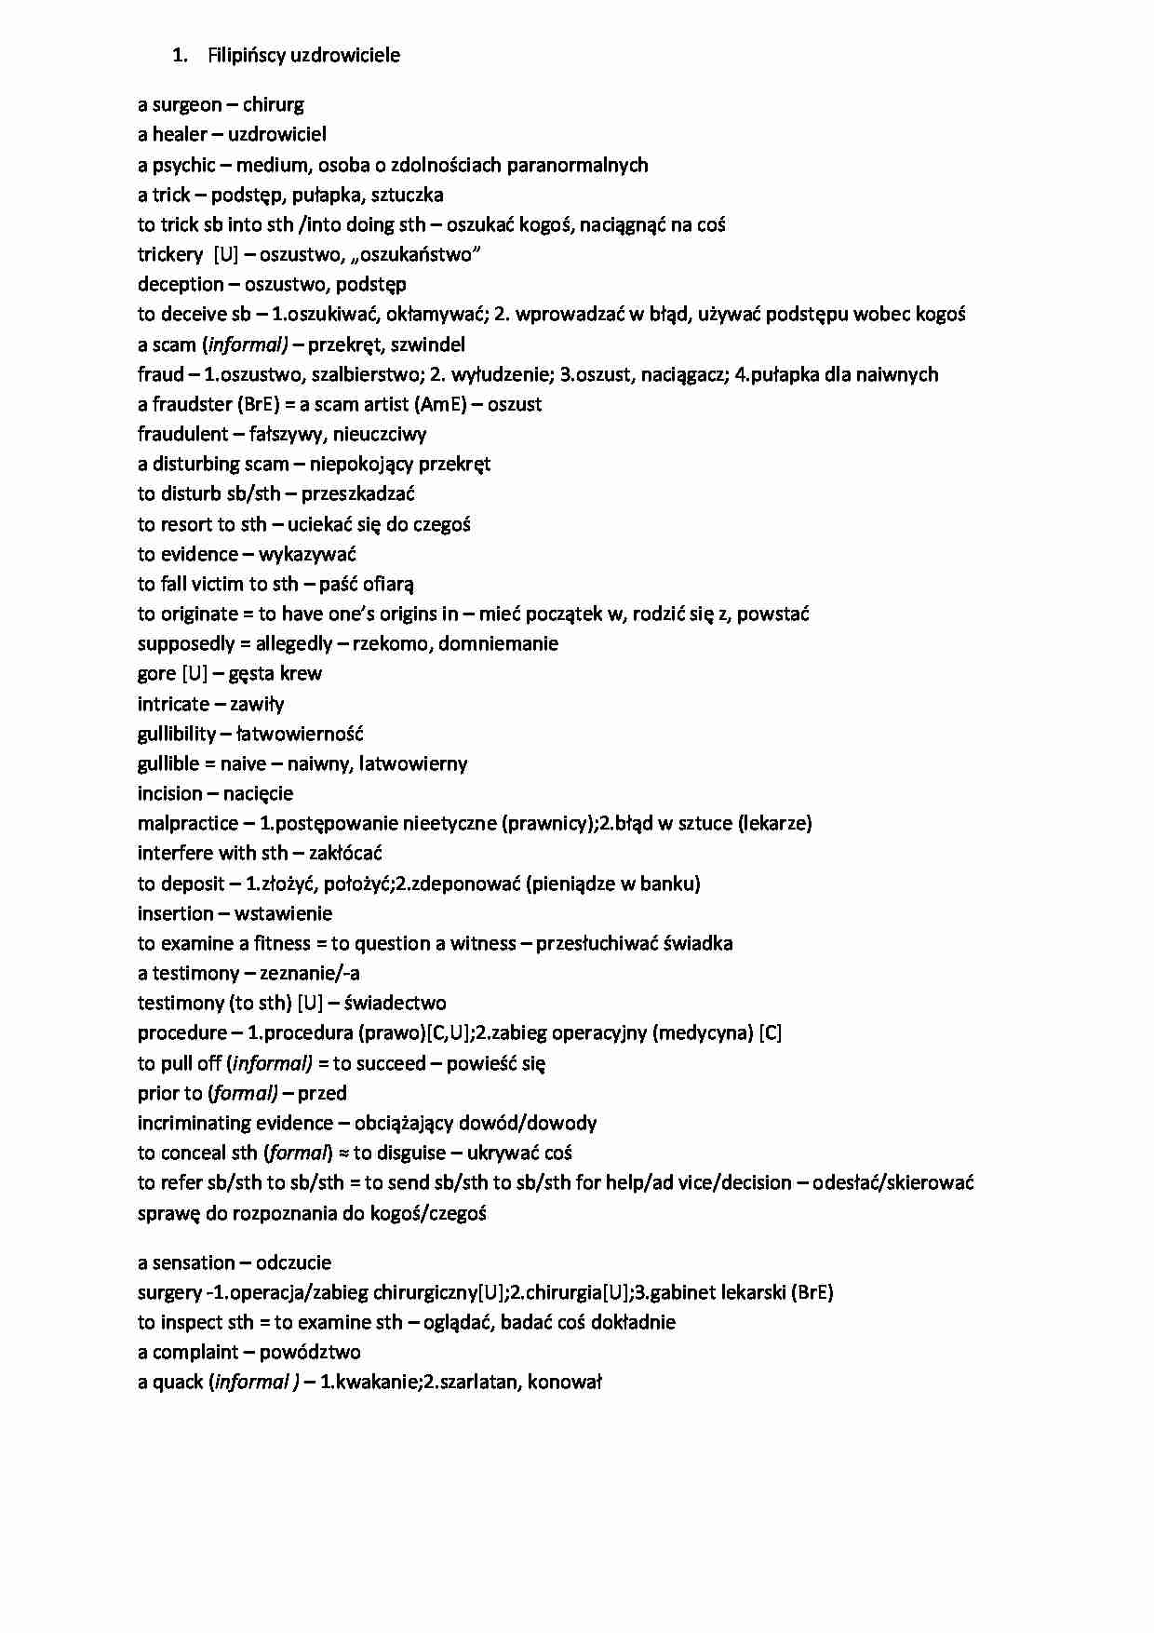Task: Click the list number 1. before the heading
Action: (x=180, y=56)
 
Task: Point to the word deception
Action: (x=181, y=284)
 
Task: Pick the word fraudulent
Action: (x=182, y=434)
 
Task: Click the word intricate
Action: (x=173, y=704)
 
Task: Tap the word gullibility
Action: (x=177, y=734)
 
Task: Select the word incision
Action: (x=169, y=793)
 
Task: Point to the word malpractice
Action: (x=187, y=823)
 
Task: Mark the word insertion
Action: (x=175, y=913)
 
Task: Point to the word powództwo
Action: (x=309, y=1352)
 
